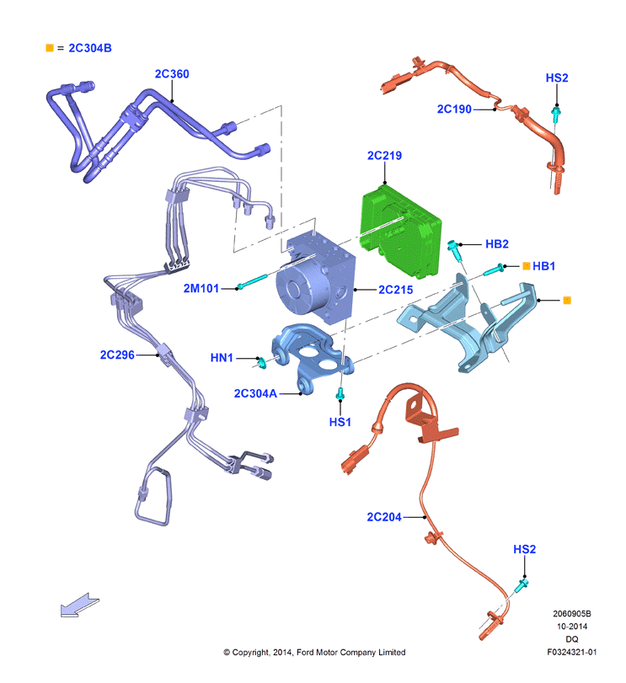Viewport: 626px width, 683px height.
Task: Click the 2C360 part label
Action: tap(172, 74)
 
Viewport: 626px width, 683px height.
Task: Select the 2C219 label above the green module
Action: tap(384, 156)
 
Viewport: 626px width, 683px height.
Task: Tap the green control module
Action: tap(401, 231)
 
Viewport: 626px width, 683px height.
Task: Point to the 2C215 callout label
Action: tap(395, 290)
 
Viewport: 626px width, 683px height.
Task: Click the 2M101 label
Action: tap(201, 288)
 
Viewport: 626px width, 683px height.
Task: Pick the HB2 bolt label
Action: tap(496, 244)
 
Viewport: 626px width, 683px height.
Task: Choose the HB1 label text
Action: tap(543, 266)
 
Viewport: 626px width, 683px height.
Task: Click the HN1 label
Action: tap(222, 358)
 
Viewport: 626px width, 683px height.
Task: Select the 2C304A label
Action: tap(255, 394)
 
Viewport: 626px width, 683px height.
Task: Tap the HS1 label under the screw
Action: tap(340, 422)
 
